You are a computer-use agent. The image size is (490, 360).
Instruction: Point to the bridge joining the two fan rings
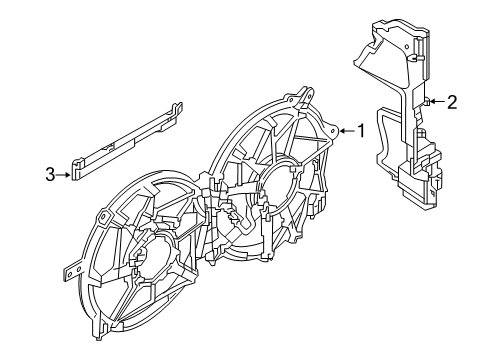coord(216,215)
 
